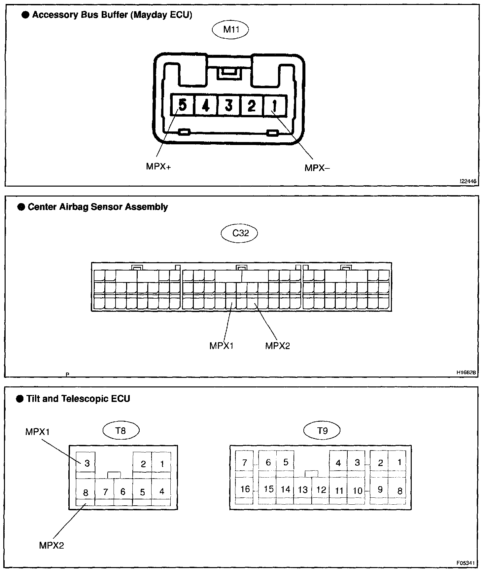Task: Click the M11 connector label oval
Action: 230,29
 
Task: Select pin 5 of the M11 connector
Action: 182,105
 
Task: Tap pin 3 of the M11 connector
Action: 228,105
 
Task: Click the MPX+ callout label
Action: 158,166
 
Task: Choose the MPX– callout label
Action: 317,168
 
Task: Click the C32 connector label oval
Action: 239,233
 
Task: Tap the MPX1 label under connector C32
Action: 222,346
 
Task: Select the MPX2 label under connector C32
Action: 277,346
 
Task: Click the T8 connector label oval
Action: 121,430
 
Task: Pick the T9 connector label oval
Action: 322,430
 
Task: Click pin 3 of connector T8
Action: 87,463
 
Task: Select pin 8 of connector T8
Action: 86,493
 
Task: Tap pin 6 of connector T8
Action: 123,492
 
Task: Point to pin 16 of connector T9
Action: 245,489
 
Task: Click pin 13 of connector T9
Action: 302,490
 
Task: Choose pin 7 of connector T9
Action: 245,462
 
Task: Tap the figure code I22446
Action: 468,181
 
